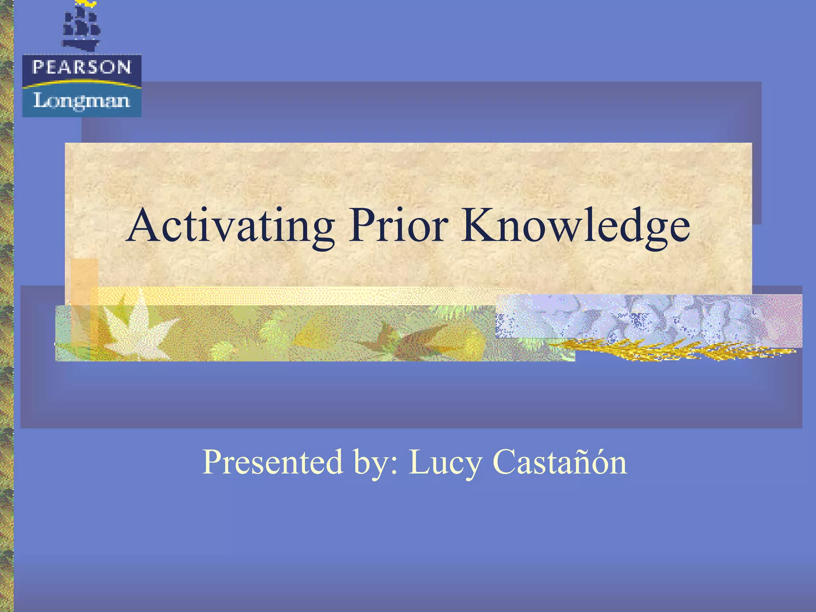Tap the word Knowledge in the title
(x=576, y=226)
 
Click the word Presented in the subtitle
(x=273, y=462)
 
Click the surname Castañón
(x=560, y=462)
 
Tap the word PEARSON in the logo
(x=82, y=67)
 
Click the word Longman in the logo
(x=82, y=100)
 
